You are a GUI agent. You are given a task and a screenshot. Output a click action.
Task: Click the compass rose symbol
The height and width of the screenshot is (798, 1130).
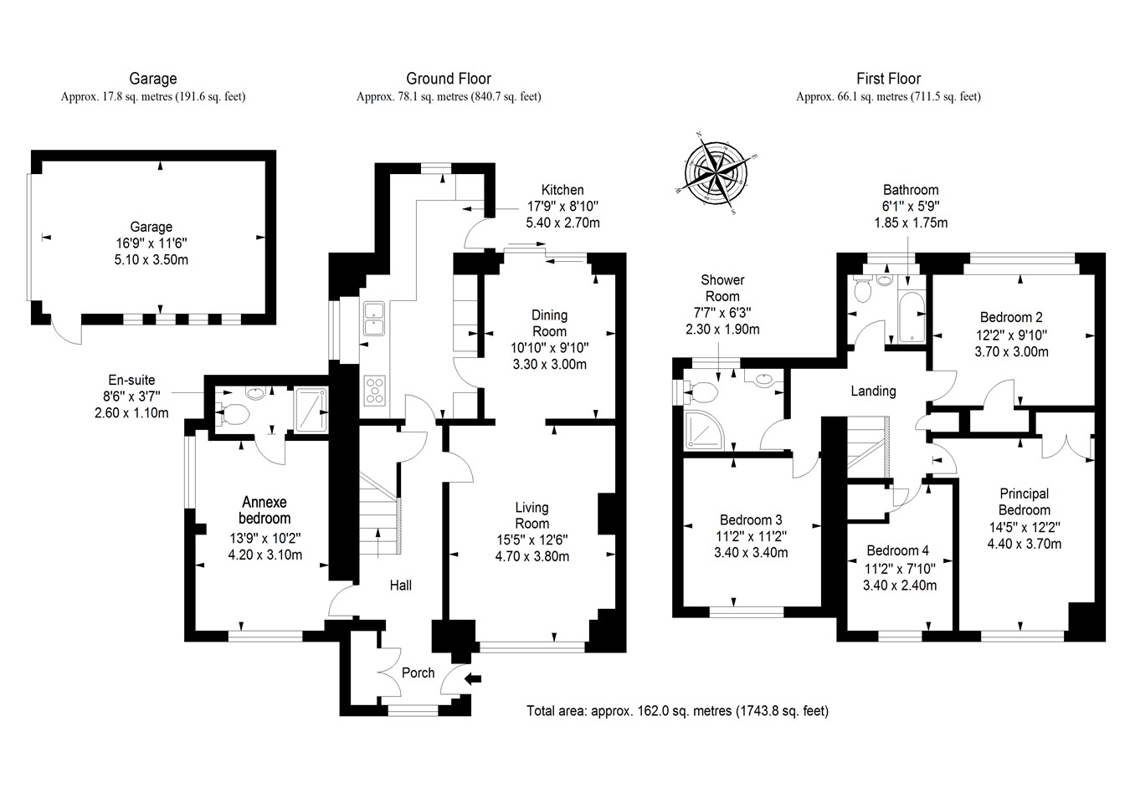[716, 173]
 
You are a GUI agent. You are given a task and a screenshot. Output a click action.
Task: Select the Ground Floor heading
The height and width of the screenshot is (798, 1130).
[449, 79]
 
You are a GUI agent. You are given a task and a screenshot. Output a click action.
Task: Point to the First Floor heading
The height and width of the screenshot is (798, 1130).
[888, 79]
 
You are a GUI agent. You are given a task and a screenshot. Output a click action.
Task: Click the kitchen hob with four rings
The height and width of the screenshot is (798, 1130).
[375, 391]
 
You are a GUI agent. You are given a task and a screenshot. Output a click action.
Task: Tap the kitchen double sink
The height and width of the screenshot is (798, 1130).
[373, 316]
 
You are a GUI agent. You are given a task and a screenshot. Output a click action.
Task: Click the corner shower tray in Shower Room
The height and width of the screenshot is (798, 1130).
[701, 427]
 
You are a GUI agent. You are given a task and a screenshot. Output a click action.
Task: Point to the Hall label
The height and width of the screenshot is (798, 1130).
[400, 586]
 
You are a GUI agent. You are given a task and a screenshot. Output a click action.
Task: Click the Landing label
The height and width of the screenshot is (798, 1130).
[873, 391]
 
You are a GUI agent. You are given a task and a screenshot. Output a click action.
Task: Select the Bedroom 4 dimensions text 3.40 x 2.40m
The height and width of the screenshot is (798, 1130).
[899, 586]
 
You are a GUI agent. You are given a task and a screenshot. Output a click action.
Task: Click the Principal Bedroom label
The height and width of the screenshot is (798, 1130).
[1024, 502]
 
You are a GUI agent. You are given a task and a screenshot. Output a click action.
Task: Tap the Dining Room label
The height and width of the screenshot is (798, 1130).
[549, 323]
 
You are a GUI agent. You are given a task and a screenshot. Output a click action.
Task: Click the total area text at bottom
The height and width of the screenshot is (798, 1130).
[677, 712]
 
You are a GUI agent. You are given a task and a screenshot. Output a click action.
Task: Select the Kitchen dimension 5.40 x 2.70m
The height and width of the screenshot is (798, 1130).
[562, 223]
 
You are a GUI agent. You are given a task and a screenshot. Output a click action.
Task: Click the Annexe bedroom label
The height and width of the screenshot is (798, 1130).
[264, 510]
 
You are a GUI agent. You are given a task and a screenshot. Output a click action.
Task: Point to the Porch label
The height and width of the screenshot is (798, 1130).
[418, 673]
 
